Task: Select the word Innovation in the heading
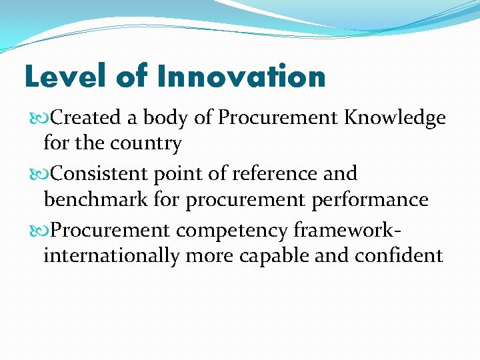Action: click(x=241, y=77)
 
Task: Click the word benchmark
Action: click(x=99, y=199)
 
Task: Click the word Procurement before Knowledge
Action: click(x=277, y=118)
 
